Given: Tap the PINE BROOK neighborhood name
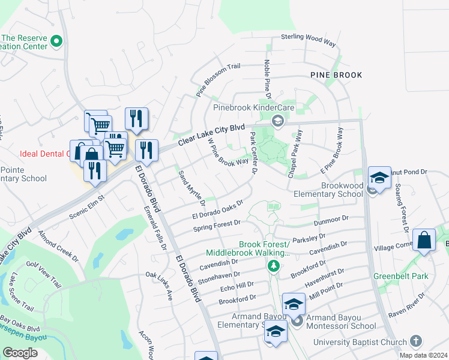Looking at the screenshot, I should (x=336, y=75).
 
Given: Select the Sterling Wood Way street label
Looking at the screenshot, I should (x=309, y=38).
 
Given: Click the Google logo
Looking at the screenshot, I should (x=20, y=352).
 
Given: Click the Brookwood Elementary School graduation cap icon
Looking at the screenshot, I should (x=379, y=178).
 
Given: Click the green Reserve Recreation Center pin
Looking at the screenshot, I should (x=57, y=41).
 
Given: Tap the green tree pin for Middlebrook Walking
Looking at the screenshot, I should (x=274, y=265).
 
